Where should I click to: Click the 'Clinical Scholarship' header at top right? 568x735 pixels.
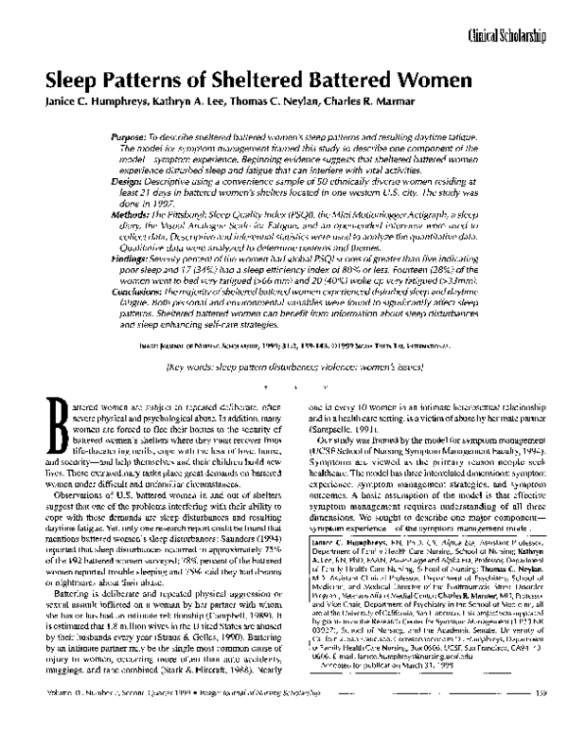506,36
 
